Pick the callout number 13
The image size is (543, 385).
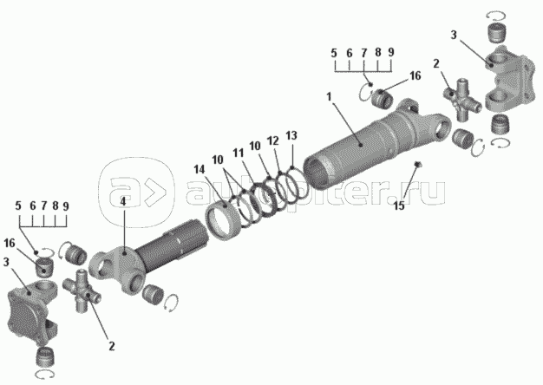[291, 135]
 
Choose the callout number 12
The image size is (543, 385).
[272, 140]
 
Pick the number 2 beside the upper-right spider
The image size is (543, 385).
[436, 63]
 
